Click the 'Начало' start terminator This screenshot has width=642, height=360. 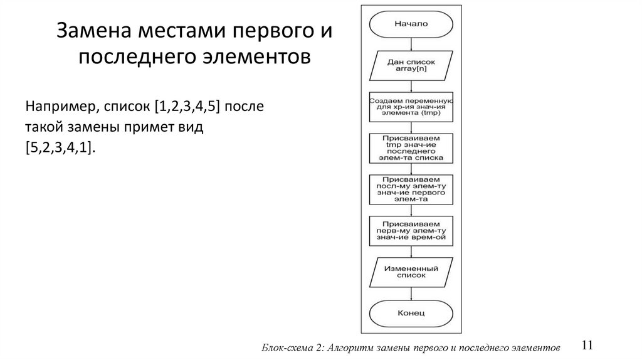point(411,24)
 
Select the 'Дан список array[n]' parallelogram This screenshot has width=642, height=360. point(411,66)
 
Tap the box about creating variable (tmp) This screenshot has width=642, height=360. point(411,108)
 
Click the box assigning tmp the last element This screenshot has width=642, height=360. point(411,148)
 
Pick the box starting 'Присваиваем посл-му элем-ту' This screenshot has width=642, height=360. point(411,189)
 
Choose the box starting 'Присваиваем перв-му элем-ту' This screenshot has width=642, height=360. point(411,230)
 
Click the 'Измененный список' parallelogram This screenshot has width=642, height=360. point(411,271)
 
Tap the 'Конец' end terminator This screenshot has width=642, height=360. point(411,312)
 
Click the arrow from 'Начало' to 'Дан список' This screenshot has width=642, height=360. point(411,43)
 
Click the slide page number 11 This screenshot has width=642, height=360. point(587,346)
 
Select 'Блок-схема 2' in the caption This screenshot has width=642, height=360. point(292,347)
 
